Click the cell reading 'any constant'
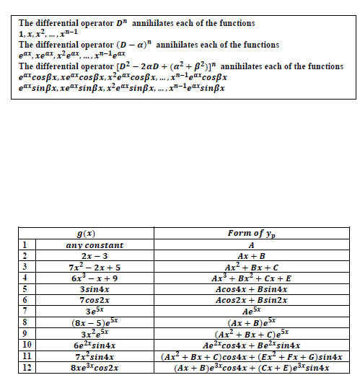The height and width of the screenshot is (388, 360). pyautogui.click(x=90, y=245)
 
